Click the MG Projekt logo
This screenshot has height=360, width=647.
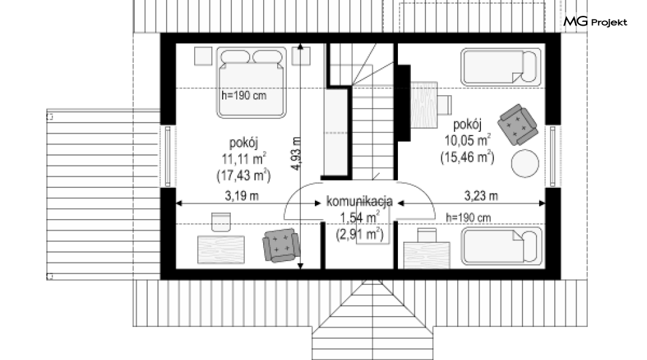pyautogui.click(x=595, y=21)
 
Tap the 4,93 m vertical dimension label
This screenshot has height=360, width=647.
pyautogui.click(x=296, y=153)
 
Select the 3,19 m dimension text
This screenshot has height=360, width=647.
pyautogui.click(x=242, y=196)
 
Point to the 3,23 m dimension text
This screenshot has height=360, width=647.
pyautogui.click(x=481, y=195)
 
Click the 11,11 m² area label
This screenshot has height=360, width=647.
pyautogui.click(x=244, y=159)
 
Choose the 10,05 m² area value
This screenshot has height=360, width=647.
pyautogui.click(x=468, y=140)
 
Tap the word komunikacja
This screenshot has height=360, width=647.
pyautogui.click(x=360, y=201)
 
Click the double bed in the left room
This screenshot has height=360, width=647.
pyautogui.click(x=251, y=82)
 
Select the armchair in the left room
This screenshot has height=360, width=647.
pyautogui.click(x=281, y=245)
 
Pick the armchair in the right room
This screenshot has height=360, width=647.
pyautogui.click(x=518, y=124)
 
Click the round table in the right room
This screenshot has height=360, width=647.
pyautogui.click(x=525, y=164)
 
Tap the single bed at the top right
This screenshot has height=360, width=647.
pyautogui.click(x=501, y=67)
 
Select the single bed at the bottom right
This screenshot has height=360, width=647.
pyautogui.click(x=502, y=246)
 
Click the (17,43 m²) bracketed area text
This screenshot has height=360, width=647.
pyautogui.click(x=244, y=176)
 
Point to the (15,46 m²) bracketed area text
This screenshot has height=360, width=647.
pyautogui.click(x=468, y=157)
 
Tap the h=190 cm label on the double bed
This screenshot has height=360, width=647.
pyautogui.click(x=244, y=96)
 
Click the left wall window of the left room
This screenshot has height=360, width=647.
pyautogui.click(x=167, y=156)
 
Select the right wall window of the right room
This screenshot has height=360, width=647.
pyautogui.click(x=553, y=156)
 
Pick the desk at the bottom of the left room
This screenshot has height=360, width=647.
pyautogui.click(x=221, y=250)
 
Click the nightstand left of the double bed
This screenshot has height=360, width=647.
pyautogui.click(x=203, y=56)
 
